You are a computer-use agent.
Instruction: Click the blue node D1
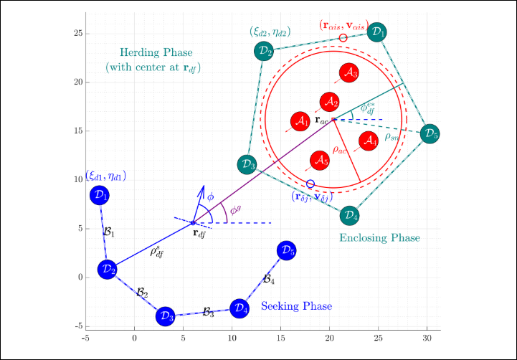click(100, 195)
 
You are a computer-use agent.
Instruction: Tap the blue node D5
click(286, 250)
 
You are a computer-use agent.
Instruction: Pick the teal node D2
click(265, 51)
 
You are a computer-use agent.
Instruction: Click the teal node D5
click(430, 134)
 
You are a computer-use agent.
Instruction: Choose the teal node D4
click(348, 214)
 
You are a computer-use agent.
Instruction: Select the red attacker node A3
click(348, 72)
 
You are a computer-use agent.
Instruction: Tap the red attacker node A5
click(320, 161)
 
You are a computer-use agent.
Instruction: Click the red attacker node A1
click(300, 122)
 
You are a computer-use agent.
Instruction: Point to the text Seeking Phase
click(296, 306)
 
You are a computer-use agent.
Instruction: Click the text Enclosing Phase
click(379, 237)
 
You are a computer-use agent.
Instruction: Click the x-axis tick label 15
click(280, 336)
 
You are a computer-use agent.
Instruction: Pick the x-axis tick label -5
click(85, 336)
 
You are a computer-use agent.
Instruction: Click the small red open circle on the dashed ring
click(343, 38)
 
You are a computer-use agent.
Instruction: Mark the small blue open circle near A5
click(310, 184)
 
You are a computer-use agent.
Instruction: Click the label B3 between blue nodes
click(208, 312)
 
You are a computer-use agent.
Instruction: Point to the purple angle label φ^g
click(234, 210)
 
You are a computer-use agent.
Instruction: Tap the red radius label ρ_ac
click(339, 149)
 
